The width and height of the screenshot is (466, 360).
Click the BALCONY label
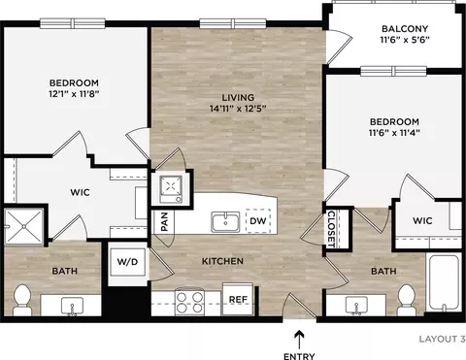(x=405, y=28)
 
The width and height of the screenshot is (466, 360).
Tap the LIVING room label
(x=238, y=97)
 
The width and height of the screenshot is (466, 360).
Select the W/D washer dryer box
(x=127, y=262)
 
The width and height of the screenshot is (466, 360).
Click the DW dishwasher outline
(x=258, y=221)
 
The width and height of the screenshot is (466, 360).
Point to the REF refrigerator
(x=238, y=299)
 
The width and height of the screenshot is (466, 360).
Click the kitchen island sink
(x=225, y=222)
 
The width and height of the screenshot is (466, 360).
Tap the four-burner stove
(x=189, y=302)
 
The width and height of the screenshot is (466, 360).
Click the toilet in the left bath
(x=22, y=300)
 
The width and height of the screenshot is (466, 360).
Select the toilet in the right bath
(x=407, y=300)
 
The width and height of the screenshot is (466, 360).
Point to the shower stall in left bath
(x=24, y=226)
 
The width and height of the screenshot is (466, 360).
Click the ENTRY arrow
(x=300, y=339)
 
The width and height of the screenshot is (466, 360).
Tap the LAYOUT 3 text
(x=443, y=339)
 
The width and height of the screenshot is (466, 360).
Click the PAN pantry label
(x=164, y=221)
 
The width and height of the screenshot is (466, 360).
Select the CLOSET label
(x=331, y=229)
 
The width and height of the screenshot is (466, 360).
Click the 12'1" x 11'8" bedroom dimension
(x=74, y=94)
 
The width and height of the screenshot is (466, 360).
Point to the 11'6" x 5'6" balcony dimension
(x=405, y=40)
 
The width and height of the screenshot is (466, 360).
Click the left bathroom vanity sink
(x=72, y=306)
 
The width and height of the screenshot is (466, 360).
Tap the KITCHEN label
(x=222, y=261)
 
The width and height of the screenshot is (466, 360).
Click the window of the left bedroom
(x=73, y=23)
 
